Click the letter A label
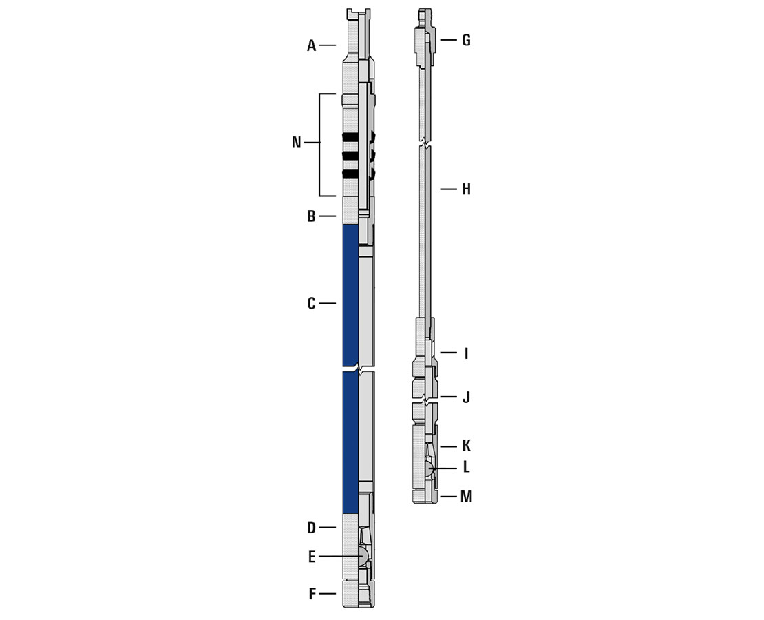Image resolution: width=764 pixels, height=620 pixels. (x=311, y=46)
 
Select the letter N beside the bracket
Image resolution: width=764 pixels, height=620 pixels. (x=296, y=143)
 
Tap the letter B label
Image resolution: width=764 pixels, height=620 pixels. (x=311, y=217)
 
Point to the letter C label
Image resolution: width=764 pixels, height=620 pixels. (x=311, y=304)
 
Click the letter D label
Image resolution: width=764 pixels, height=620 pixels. (x=311, y=528)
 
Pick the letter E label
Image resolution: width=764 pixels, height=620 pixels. (x=311, y=557)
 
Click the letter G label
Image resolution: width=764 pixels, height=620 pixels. (x=466, y=41)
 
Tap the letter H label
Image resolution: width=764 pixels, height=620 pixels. (x=466, y=189)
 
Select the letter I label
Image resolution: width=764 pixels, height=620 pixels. (x=466, y=354)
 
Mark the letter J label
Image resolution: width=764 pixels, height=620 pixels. (x=466, y=397)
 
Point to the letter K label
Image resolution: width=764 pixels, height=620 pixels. (x=466, y=446)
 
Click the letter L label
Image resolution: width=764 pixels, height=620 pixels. (x=466, y=468)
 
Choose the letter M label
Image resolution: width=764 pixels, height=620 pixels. (x=466, y=497)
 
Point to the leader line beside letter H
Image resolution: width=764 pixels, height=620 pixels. (x=448, y=189)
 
